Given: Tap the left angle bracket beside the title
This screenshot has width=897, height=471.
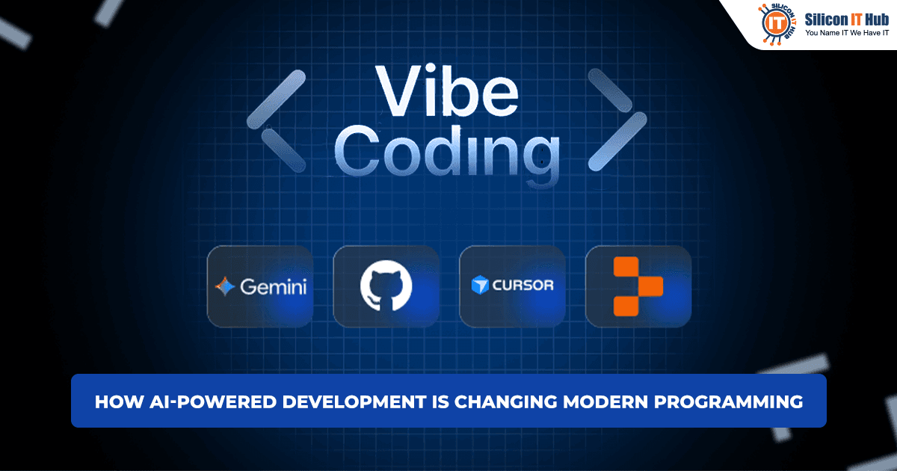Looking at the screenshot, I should (x=276, y=119).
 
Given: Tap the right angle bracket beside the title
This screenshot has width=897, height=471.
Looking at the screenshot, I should (x=617, y=119).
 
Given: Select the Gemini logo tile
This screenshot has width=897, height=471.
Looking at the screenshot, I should (x=260, y=286).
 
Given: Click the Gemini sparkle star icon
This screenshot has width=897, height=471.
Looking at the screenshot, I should (x=225, y=286).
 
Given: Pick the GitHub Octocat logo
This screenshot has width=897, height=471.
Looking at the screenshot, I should (x=386, y=286).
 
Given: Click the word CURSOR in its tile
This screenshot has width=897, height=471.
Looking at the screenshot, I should (x=522, y=286).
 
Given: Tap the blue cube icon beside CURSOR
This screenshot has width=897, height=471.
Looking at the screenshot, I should (x=479, y=286).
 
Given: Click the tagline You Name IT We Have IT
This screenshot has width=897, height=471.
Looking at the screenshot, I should (x=845, y=32).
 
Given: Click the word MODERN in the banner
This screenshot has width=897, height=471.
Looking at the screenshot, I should (x=601, y=401).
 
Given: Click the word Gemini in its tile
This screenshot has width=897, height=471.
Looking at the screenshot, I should (x=273, y=286).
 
